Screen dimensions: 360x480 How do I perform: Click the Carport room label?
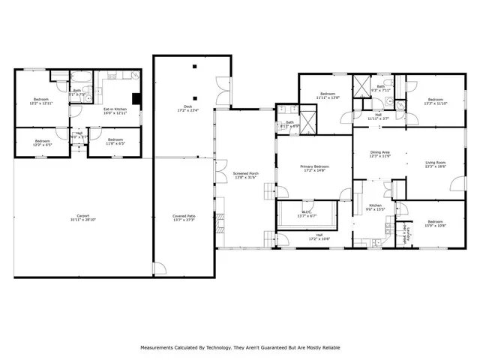[82, 215]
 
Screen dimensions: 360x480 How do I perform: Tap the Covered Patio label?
[184, 215]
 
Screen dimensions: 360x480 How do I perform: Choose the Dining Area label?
[380, 152]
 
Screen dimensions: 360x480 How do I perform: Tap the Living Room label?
[436, 162]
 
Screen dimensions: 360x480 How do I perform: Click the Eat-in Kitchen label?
[115, 109]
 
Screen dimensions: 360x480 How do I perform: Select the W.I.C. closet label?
[307, 211]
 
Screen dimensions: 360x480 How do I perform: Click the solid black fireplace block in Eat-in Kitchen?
[136, 97]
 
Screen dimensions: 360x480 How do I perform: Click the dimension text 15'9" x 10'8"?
[436, 226]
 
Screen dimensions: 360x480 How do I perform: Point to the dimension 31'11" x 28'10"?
[82, 219]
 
